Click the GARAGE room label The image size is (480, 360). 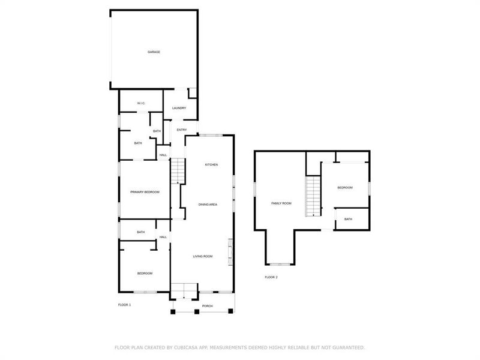[x=154, y=52]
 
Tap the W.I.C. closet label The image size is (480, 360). [x=141, y=103]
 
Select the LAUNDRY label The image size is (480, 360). [x=179, y=108]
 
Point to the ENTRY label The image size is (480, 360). [x=182, y=130]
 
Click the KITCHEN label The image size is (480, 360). [x=211, y=164]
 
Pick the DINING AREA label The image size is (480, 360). [x=208, y=205]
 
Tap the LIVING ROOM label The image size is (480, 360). [x=203, y=256]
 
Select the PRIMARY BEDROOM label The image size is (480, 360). [x=145, y=191]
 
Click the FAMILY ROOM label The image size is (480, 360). [x=281, y=203]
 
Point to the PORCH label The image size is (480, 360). [x=208, y=306]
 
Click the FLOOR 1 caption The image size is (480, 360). [x=124, y=305]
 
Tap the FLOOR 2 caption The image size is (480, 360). [x=271, y=277]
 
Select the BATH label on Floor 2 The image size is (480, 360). [x=349, y=219]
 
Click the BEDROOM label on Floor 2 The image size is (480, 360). [x=345, y=188]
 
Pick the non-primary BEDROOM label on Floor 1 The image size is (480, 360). [x=145, y=273]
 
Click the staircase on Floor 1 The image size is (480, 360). [x=178, y=171]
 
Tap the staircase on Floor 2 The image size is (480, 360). [x=313, y=196]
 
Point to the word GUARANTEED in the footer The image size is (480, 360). [x=348, y=347]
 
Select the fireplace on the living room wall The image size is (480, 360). [x=230, y=251]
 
